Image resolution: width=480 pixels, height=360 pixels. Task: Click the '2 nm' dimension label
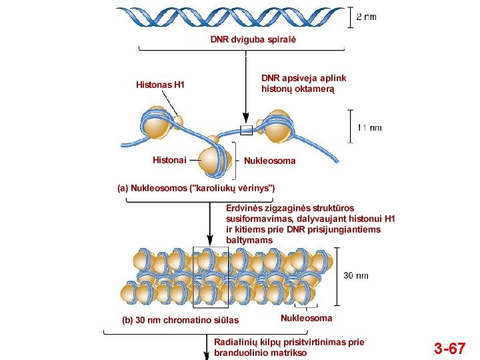(366, 17)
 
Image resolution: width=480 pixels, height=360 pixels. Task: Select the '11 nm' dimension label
(369, 127)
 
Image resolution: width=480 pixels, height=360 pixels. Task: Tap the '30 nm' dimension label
(356, 275)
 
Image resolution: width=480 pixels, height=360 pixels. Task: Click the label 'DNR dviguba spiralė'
(253, 39)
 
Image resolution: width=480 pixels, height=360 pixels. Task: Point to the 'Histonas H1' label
(160, 85)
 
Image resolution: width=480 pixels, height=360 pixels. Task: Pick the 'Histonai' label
(169, 160)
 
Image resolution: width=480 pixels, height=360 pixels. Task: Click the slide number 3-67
(449, 347)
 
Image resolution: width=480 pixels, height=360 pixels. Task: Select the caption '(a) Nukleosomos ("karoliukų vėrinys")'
(196, 188)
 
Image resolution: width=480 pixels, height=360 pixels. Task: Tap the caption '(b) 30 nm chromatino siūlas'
(180, 320)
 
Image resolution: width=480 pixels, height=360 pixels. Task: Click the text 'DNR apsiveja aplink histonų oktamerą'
(303, 83)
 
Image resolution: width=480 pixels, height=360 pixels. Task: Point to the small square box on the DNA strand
(246, 129)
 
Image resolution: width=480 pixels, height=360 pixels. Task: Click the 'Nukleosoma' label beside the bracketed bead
(269, 161)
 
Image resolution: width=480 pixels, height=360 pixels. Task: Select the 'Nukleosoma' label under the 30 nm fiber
(306, 318)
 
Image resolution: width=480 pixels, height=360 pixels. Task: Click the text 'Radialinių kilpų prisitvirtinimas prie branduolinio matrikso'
(289, 347)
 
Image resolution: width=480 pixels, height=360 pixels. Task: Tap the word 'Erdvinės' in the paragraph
(245, 208)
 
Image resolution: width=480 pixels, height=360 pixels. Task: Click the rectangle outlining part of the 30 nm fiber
(210, 276)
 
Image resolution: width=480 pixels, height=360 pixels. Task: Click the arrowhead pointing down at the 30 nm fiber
(210, 239)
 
